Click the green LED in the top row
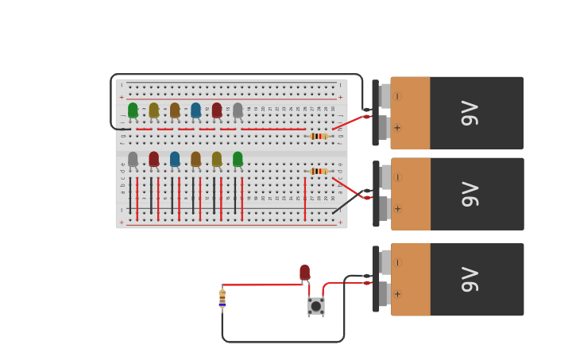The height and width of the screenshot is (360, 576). tap(133, 110)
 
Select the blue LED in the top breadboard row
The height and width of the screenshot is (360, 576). tap(195, 110)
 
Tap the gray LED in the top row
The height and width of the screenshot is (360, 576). tap(238, 110)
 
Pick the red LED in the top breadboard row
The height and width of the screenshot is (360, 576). tap(217, 110)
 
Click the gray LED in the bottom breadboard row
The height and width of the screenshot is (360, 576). tap(133, 159)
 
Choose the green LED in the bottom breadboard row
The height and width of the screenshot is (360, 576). tap(238, 159)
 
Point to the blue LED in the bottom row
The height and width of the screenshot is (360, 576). tap(175, 159)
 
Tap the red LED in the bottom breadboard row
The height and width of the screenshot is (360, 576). tap(153, 159)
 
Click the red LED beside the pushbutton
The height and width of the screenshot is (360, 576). tap(304, 273)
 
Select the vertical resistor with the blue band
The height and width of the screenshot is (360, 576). tap(222, 298)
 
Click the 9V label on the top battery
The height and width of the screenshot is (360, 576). tap(470, 113)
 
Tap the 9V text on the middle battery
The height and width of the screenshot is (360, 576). tap(470, 194)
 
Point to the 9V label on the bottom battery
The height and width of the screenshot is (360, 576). tap(470, 280)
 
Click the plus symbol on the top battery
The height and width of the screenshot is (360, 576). tap(397, 127)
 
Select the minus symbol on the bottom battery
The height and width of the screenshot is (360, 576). tap(397, 262)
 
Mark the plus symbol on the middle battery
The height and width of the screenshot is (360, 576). tap(397, 209)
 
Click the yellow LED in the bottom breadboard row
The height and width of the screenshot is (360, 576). tap(217, 159)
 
